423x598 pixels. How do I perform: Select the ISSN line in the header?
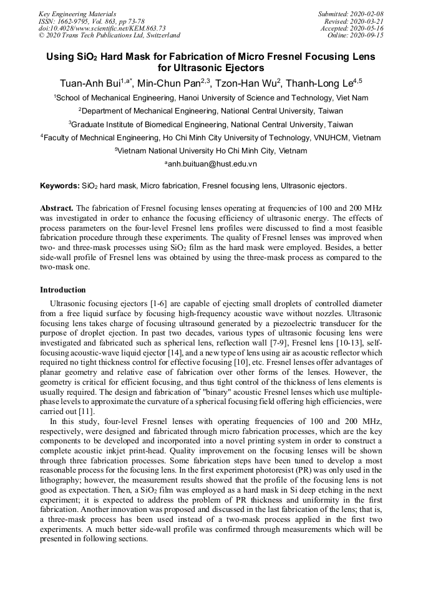92,21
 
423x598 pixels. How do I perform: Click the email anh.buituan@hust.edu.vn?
211,164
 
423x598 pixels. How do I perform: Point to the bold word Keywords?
59,186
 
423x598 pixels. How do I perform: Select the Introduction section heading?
63,290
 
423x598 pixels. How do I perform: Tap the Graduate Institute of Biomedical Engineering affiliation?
211,124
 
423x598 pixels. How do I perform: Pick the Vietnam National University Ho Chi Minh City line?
211,151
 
